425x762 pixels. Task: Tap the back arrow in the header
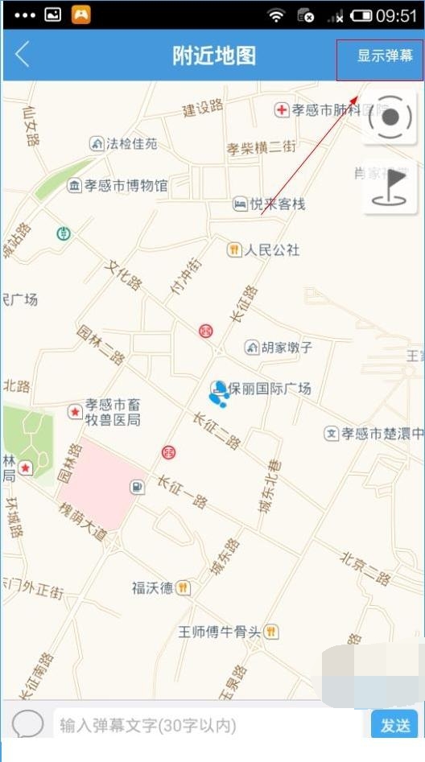(23, 55)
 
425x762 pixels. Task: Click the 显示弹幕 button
(385, 56)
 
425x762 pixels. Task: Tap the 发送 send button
(394, 725)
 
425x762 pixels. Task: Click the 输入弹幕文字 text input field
(209, 725)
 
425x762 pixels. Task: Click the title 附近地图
(213, 56)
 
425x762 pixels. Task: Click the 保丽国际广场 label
(269, 389)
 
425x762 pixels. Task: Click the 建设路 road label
(203, 107)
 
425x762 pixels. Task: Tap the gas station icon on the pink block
(138, 487)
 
